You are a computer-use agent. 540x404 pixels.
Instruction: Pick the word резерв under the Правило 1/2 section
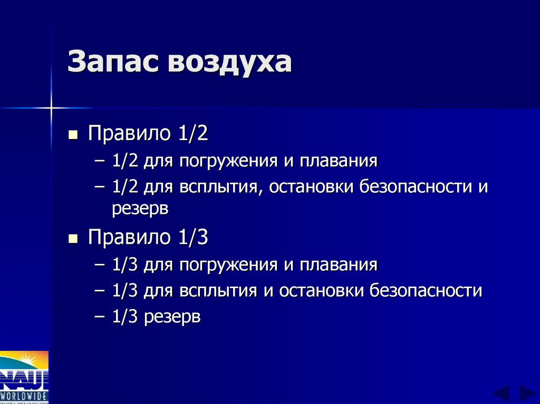pos(140,209)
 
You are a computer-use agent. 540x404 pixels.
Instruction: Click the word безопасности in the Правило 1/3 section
pos(425,291)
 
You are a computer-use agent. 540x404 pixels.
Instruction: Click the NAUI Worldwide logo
pos(24,377)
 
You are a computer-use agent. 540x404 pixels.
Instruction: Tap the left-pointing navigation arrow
pos(500,393)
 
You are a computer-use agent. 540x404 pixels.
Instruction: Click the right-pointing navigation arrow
pos(526,393)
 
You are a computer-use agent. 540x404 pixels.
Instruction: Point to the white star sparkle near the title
pos(51,108)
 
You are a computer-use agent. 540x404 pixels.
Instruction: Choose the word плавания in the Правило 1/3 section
pos(339,264)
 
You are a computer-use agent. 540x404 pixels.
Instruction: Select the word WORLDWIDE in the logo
pos(24,396)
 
